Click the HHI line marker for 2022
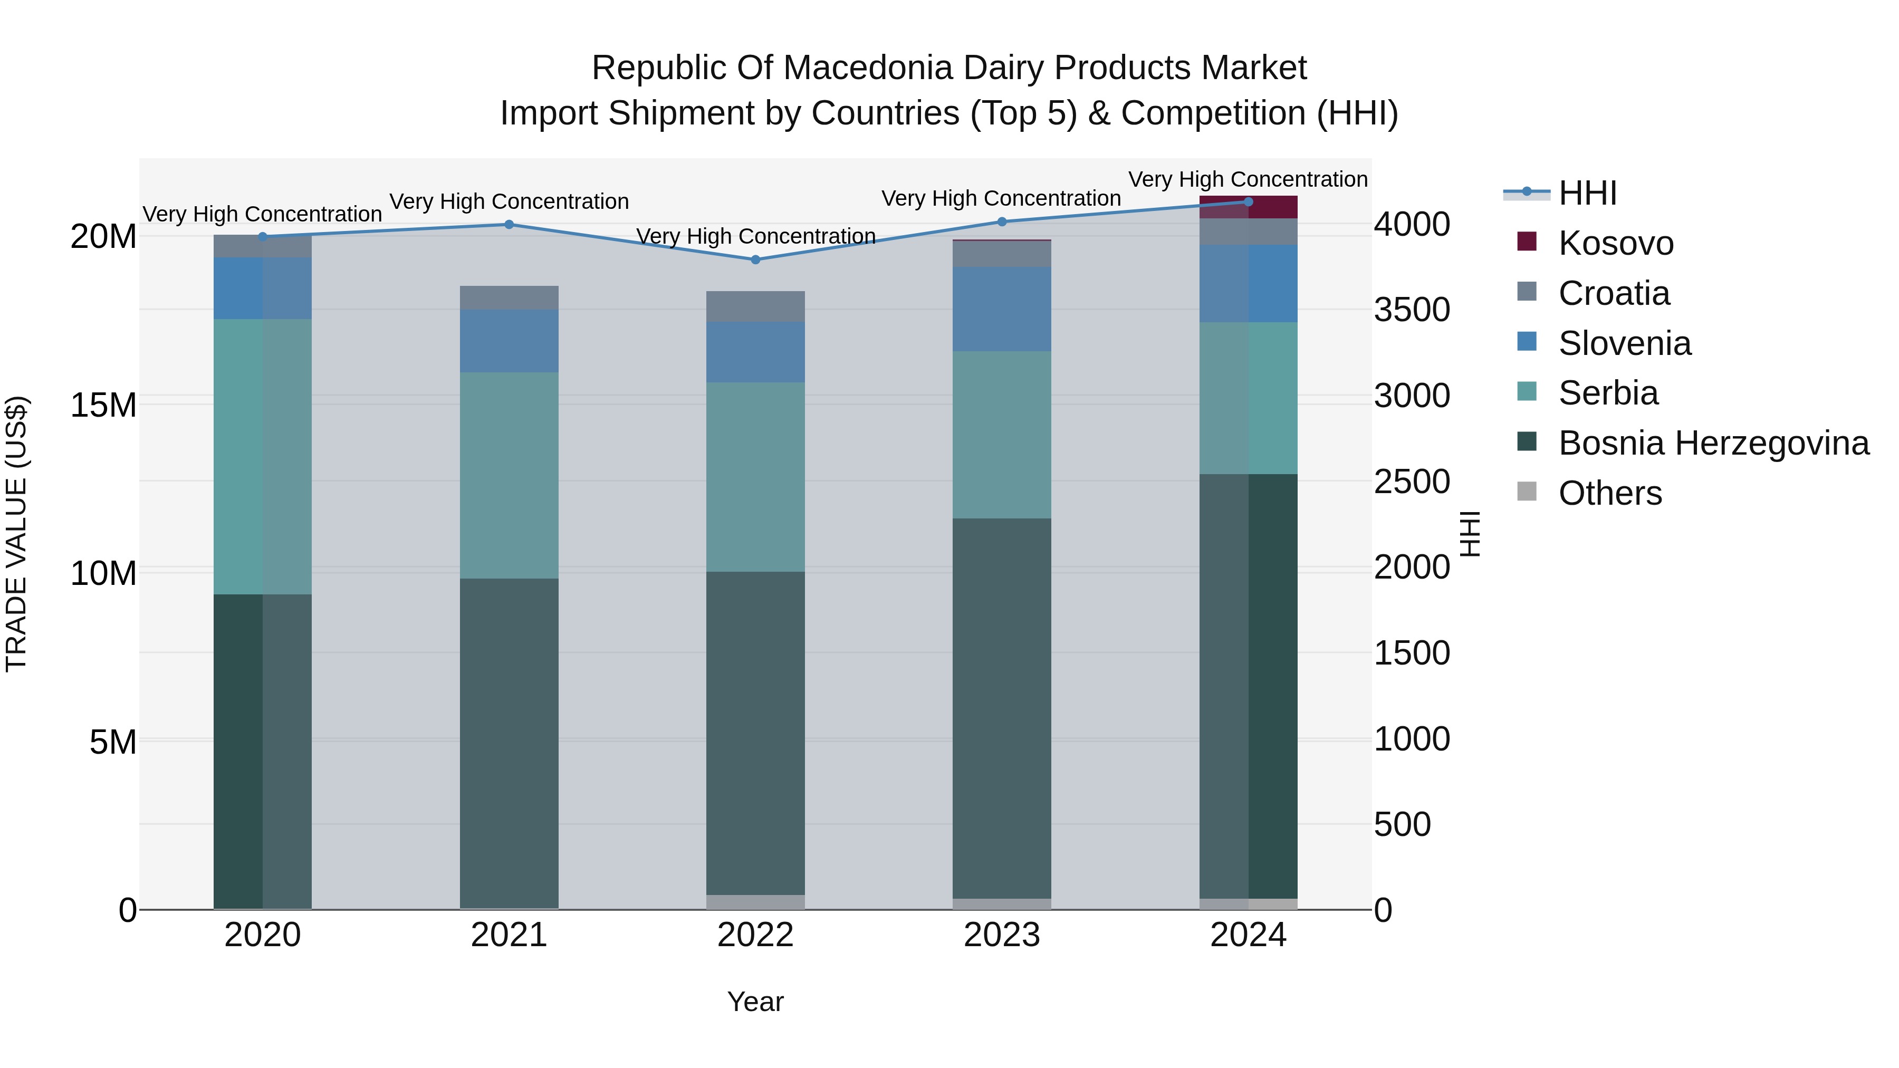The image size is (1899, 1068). [x=755, y=259]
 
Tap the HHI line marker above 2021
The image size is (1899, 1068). [x=509, y=224]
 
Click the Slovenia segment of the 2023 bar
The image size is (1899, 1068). [x=1001, y=309]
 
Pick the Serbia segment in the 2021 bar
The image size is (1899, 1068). [x=509, y=475]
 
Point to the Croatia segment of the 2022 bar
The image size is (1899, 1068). [x=755, y=306]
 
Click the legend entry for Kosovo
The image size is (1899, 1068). [x=1615, y=243]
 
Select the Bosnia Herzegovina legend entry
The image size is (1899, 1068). [x=1712, y=443]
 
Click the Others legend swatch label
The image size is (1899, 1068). [x=1609, y=493]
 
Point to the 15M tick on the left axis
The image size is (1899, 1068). [x=103, y=405]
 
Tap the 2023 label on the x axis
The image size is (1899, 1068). [x=1001, y=935]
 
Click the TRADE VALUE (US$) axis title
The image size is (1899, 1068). [x=16, y=534]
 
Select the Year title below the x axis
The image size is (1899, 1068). [x=755, y=1002]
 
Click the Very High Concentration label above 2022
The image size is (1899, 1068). [x=755, y=236]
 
